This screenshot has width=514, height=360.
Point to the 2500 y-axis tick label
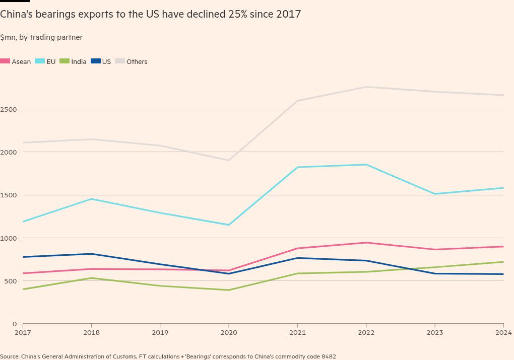pyautogui.click(x=9, y=109)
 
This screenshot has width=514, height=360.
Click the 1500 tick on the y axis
pyautogui.click(x=9, y=195)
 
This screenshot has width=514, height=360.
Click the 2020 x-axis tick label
pyautogui.click(x=229, y=332)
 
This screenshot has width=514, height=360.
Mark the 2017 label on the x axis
pyautogui.click(x=23, y=332)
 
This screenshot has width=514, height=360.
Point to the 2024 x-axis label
pyautogui.click(x=503, y=332)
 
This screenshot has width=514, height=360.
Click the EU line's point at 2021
pyautogui.click(x=297, y=167)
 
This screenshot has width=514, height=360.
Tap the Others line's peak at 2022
pyautogui.click(x=366, y=87)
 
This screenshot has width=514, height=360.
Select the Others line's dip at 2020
pyautogui.click(x=229, y=161)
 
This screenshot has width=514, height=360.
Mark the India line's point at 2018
pyautogui.click(x=91, y=278)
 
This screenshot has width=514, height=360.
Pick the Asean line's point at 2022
pyautogui.click(x=366, y=243)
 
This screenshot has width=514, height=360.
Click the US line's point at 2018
pyautogui.click(x=91, y=254)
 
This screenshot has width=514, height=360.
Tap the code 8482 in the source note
pyautogui.click(x=328, y=356)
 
